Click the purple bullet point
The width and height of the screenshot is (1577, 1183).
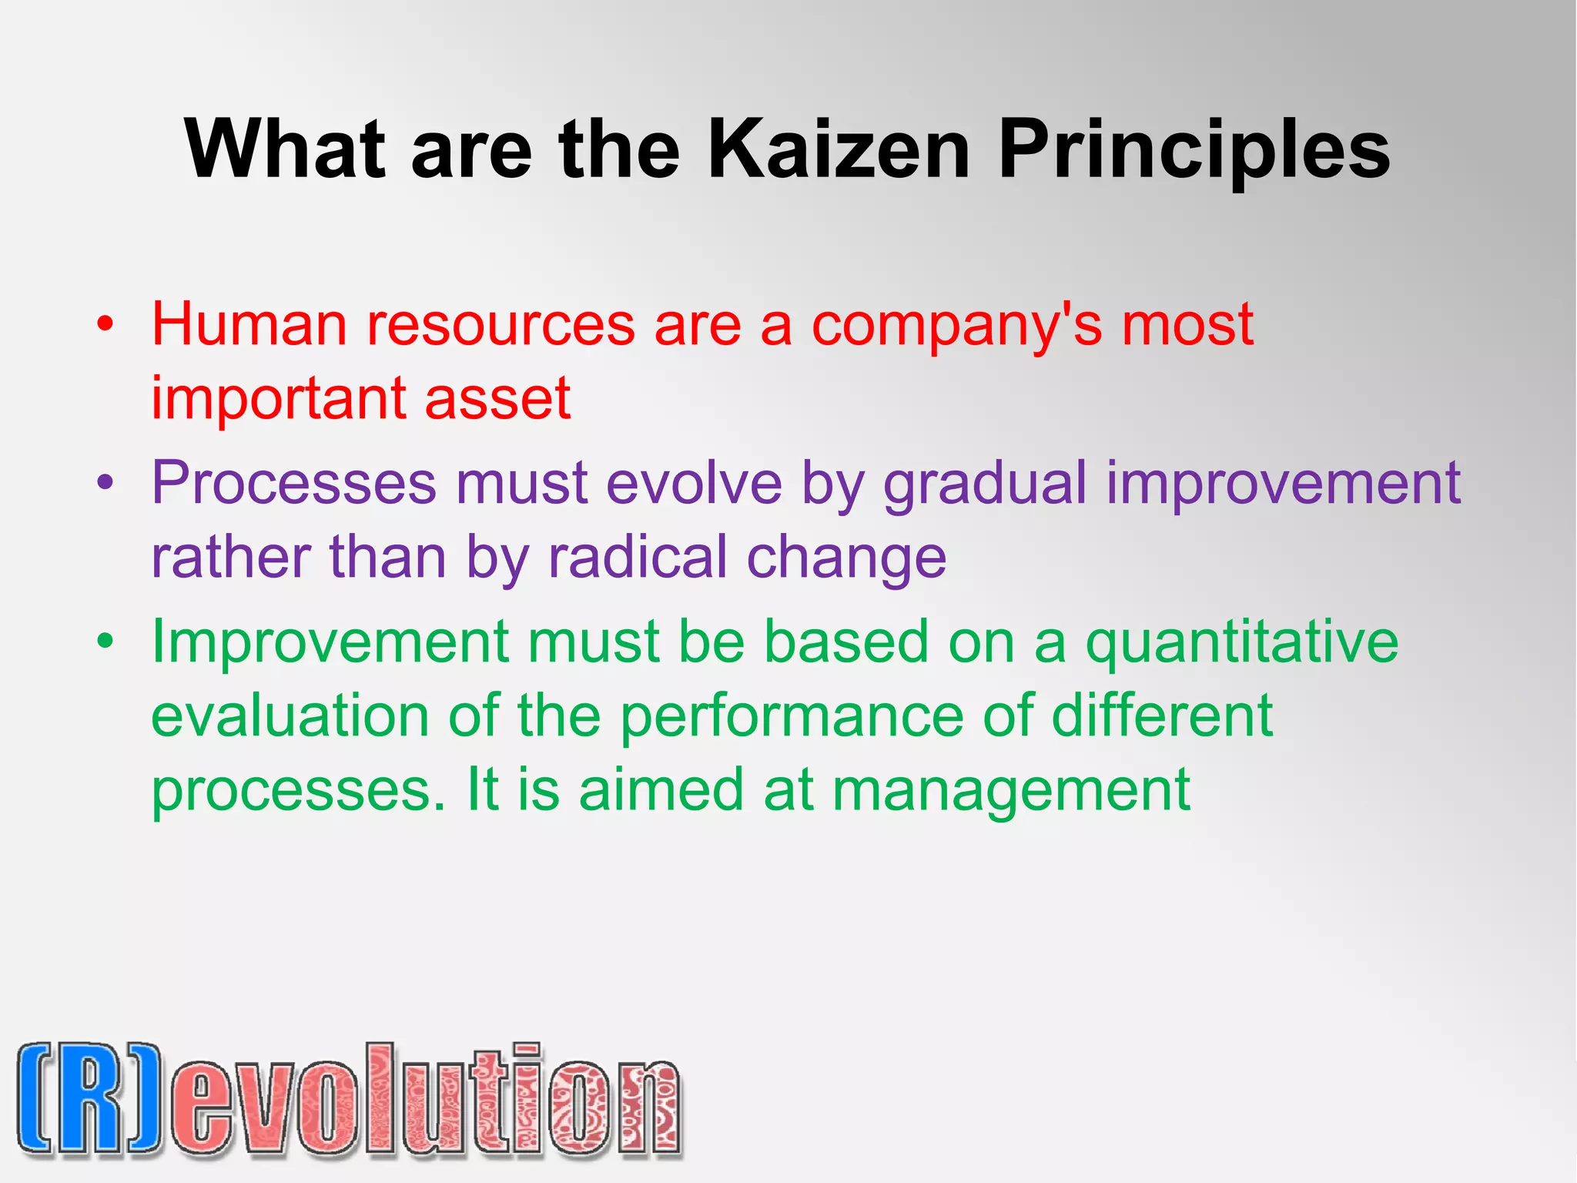point(106,484)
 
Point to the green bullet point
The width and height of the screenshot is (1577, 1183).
point(106,642)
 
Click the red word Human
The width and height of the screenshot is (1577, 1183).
point(249,324)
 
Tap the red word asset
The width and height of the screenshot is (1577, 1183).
point(497,399)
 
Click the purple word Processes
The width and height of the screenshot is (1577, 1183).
point(293,484)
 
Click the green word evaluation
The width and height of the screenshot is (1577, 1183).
point(290,716)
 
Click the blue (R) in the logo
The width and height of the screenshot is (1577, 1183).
point(89,1100)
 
